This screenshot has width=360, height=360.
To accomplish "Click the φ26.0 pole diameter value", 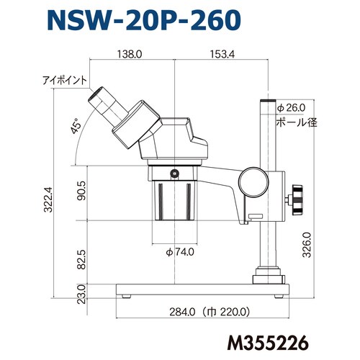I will click(x=292, y=107).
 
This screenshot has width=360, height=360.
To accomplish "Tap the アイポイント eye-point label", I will click(x=65, y=80).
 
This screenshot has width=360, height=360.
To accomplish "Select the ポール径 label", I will click(x=297, y=122).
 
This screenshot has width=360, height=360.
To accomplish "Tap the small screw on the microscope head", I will click(x=175, y=172).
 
